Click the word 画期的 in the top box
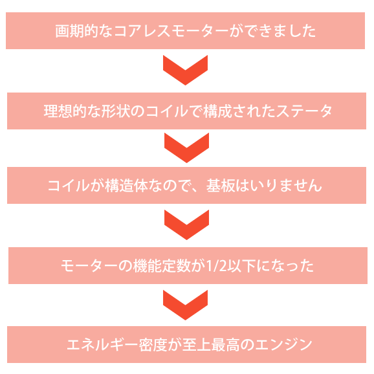(x=76, y=31)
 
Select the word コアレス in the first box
(x=142, y=31)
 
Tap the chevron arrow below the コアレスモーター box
(x=185, y=70)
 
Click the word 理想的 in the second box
(x=65, y=111)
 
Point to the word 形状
(x=115, y=111)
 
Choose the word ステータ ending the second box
(x=304, y=111)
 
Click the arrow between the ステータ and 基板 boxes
(x=186, y=148)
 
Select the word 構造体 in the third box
(x=126, y=186)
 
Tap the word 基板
(x=221, y=186)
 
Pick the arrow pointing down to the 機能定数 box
(x=186, y=225)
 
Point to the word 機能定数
(x=162, y=266)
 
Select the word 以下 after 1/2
(x=241, y=266)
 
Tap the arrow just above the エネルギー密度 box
(x=185, y=305)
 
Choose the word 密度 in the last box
(x=153, y=345)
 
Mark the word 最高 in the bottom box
(x=225, y=345)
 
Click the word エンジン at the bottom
(x=283, y=345)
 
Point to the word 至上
(x=196, y=345)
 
